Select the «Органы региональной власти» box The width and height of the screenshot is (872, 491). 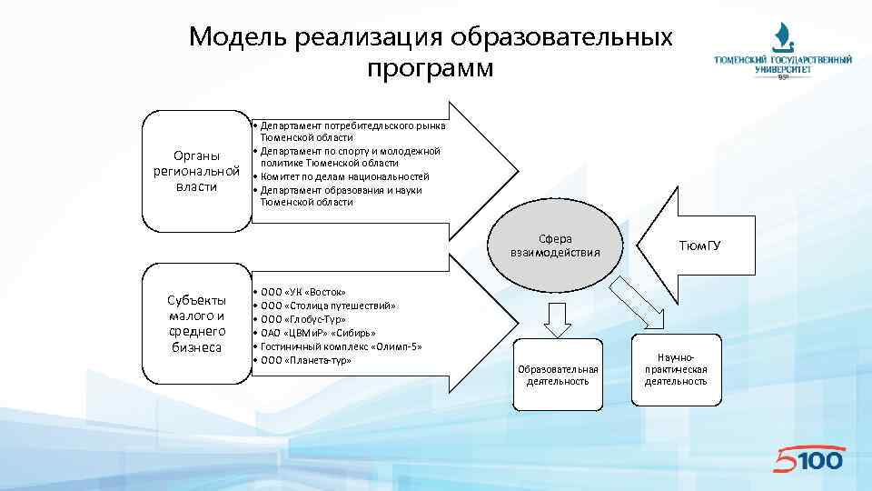197,171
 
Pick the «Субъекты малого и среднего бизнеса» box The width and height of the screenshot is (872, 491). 197,324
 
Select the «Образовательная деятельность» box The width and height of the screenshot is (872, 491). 558,374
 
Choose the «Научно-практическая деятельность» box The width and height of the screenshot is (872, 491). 676,370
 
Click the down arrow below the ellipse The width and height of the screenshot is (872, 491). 556,318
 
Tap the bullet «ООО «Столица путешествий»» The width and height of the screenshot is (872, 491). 328,306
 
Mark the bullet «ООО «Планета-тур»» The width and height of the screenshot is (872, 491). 306,360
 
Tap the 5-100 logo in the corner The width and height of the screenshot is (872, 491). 808,459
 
